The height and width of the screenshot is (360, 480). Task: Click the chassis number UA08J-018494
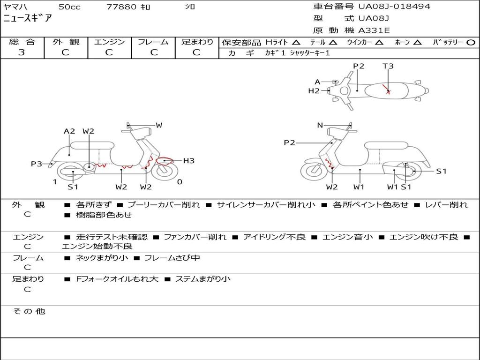coord(394,7)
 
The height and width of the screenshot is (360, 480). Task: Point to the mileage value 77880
coord(121,7)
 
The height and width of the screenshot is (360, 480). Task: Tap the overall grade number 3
coord(21,52)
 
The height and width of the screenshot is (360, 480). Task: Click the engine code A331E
coord(374,31)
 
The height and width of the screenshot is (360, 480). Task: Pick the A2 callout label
coord(69,131)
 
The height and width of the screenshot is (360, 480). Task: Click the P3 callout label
coord(37,164)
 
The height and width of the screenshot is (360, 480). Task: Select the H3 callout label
coord(188,161)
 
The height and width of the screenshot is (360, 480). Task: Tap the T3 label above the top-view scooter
coord(388,66)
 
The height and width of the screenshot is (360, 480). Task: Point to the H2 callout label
coord(314,91)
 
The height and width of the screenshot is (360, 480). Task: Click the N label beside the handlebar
coord(320,125)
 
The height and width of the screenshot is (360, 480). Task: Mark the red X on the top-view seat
coord(388,91)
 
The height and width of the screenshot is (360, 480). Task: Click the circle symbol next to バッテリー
coord(471,42)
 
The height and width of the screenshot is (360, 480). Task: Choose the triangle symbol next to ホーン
coord(418,42)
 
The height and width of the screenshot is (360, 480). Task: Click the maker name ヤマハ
coord(15,7)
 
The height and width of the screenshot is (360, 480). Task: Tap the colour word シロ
coord(190,7)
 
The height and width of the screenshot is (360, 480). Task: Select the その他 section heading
coord(29,311)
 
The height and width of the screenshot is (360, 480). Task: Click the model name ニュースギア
coord(28,19)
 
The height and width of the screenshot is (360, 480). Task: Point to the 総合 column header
coord(22,42)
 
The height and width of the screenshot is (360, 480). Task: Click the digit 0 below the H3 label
coord(180,182)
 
